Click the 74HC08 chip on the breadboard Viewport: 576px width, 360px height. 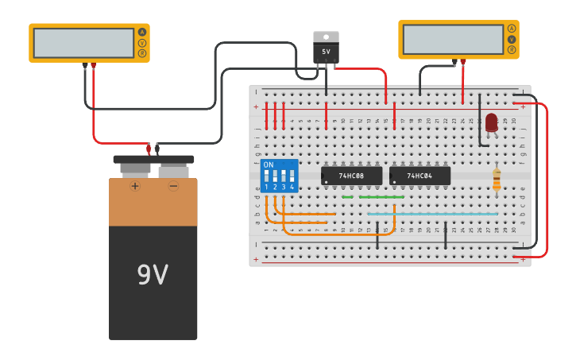coord(351,176)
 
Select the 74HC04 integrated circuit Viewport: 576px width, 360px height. coord(419,176)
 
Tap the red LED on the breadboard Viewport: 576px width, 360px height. coord(491,122)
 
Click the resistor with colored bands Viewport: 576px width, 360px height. coord(497,180)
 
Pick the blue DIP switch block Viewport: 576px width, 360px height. coord(279,175)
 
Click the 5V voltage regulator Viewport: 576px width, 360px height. coord(326,48)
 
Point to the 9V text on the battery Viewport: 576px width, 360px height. coord(153,275)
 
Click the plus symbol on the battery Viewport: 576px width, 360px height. coord(135,186)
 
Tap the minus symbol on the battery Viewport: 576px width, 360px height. coord(173,186)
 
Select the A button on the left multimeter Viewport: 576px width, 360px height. coord(142,33)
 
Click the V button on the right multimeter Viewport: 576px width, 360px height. coord(512,39)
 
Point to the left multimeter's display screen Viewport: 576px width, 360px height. coord(83,43)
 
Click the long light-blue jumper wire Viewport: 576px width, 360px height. coord(432,214)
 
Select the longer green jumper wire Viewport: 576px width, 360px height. coord(381,197)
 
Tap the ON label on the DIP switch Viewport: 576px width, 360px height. coord(268,165)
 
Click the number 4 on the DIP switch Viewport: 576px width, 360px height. coord(292,187)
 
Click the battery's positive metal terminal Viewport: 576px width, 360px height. coord(135,168)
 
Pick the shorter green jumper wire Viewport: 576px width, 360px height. coord(347,197)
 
